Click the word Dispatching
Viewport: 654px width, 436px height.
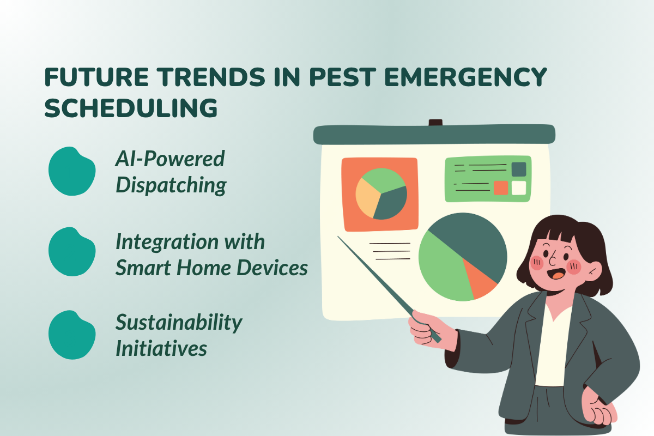171,185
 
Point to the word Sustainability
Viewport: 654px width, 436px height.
179,322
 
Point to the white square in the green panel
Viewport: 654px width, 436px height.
519,188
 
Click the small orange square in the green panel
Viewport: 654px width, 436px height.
500,188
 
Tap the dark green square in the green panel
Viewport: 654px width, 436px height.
519,169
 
